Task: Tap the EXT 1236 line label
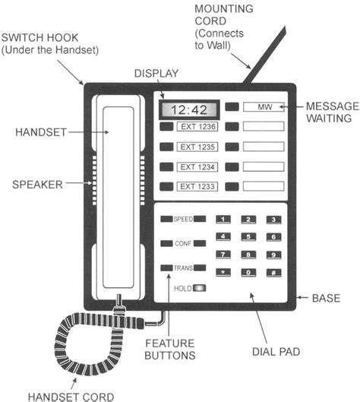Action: (x=196, y=126)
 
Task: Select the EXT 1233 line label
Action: (x=196, y=186)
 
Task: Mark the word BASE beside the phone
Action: (x=326, y=299)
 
